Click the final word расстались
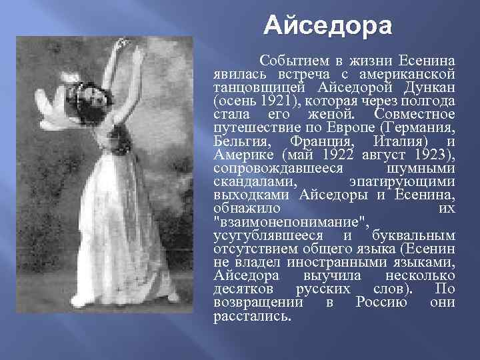(252, 315)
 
